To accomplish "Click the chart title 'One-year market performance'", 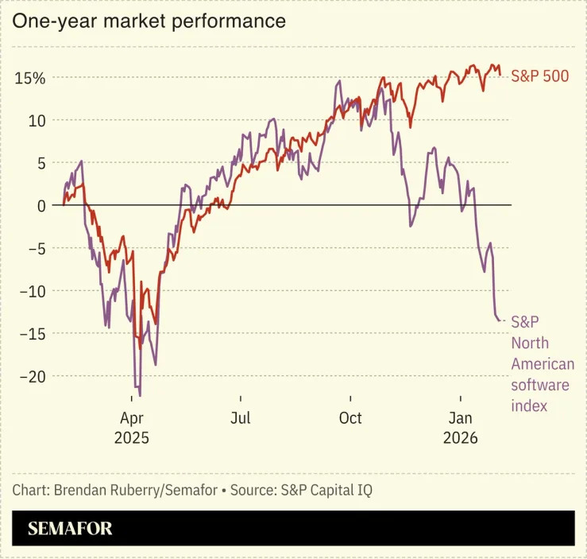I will click(149, 21).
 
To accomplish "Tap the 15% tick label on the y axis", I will click(29, 78).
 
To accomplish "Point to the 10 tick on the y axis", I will click(35, 120).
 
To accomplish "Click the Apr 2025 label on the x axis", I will click(131, 428).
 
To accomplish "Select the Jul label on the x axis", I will click(241, 418).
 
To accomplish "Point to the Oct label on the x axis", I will click(349, 418).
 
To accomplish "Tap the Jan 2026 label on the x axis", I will click(460, 428).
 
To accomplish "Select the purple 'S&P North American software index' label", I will click(542, 364).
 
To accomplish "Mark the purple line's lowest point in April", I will click(140, 395).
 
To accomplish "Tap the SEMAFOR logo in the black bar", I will click(70, 529).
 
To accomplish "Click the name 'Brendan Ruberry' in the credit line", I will click(106, 490).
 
